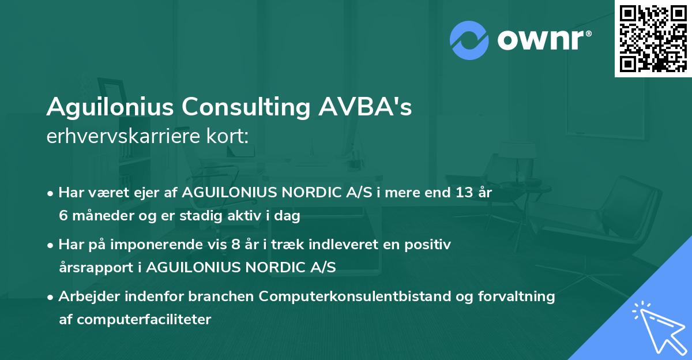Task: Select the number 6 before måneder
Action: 63,215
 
